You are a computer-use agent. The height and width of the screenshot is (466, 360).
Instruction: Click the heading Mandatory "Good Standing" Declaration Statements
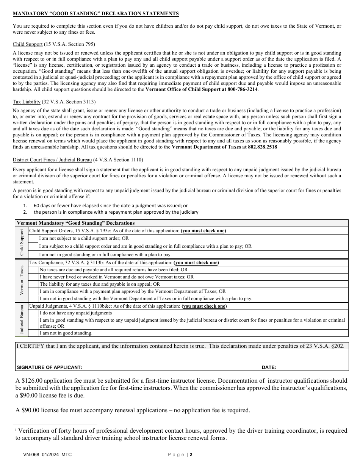click(x=95, y=14)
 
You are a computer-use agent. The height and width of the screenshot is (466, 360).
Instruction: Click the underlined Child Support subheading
click(x=28, y=44)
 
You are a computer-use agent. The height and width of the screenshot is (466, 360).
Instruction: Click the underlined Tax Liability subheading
click(x=27, y=102)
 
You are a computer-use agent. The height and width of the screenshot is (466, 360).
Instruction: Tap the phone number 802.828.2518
click(x=261, y=147)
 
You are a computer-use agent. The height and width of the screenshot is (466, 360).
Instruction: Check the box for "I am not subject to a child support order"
click(x=34, y=238)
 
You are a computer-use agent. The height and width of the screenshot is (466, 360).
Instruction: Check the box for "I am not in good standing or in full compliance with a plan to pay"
click(x=34, y=255)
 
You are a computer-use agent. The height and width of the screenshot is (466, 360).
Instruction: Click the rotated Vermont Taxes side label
click(x=22, y=280)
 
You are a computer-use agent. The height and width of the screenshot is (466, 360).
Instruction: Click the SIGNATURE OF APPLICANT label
click(x=49, y=367)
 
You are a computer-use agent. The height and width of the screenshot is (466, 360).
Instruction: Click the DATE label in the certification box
click(x=269, y=367)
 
